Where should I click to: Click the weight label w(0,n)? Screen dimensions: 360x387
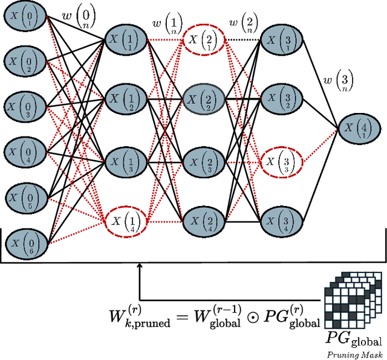click(x=79, y=16)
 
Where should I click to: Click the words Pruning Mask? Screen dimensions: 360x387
click(x=354, y=355)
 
